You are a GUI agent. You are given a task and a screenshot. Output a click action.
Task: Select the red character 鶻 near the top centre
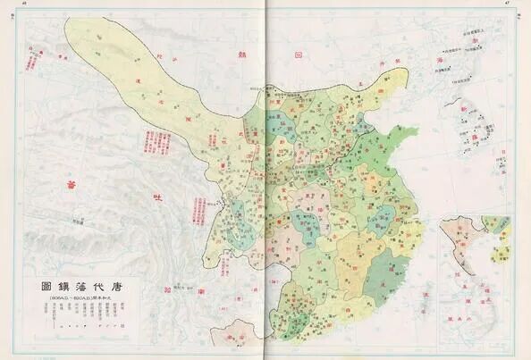[x=234, y=51]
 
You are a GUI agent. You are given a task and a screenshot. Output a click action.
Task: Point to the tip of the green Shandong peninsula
[x=417, y=133]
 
